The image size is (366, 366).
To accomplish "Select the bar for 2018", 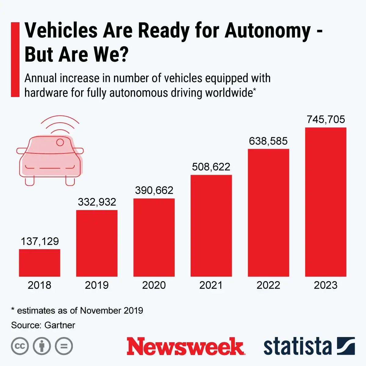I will coord(40,263).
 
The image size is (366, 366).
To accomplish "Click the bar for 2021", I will coord(211,226).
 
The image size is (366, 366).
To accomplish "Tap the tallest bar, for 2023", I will coord(326,202).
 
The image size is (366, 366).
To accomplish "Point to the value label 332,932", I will coord(97,202).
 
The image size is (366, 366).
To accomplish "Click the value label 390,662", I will coord(154,190).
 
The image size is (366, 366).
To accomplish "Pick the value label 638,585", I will coord(268,141).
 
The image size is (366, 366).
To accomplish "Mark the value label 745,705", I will coord(326,119).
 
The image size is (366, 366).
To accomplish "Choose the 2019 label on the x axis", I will coord(97,285).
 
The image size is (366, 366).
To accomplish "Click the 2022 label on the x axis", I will coord(268,285).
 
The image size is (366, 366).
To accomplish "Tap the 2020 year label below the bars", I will coord(154,285).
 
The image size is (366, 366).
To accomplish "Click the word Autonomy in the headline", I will coord(268,31).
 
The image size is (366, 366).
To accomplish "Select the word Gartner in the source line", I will coord(60,325).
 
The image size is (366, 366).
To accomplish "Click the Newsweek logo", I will coord(185,346).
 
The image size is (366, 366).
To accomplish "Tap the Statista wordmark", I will coord(297,347).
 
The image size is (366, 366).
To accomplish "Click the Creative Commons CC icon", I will coord(20,346).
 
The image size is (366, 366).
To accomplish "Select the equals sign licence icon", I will coord(64,346).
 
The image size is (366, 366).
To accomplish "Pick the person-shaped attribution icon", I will coord(42,346).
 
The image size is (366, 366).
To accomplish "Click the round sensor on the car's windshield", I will coord(60,142).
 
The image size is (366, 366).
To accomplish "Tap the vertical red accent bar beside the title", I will coord(15,59).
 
